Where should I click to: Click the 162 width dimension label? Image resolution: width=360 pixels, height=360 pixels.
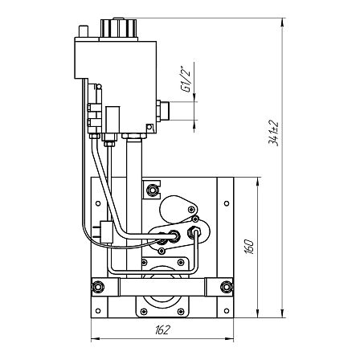pos(162,330)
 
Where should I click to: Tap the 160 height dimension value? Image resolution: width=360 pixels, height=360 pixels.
pos(249,247)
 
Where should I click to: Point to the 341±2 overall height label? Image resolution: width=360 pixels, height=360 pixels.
pos(273,133)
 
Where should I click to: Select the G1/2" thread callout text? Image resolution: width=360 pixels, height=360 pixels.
pos(186,79)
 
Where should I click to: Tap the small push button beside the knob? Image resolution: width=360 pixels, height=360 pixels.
pos(83,31)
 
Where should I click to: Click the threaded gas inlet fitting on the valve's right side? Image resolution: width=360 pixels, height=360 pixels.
pos(163,111)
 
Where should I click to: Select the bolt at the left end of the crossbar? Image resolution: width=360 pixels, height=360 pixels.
pos(97,287)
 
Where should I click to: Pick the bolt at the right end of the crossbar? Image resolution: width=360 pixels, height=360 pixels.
pos(227,287)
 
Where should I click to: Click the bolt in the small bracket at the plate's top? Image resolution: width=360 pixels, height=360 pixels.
pos(152,190)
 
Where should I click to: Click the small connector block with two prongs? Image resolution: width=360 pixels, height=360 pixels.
pos(104,232)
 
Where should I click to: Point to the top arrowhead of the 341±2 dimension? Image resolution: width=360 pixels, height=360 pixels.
pos(282,22)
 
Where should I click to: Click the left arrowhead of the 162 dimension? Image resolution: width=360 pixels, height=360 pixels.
pos(95,340)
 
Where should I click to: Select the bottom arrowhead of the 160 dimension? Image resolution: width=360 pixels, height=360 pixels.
pos(257,314)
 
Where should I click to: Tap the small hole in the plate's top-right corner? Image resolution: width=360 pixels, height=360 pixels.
pos(227,203)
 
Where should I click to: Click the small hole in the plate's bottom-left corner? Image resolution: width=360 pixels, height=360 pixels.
pos(98,311)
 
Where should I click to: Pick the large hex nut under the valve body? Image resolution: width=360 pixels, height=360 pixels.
pos(134,136)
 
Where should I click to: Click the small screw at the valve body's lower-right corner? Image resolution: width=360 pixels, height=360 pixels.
pos(149,126)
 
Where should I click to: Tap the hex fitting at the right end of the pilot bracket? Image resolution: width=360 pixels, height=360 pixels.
pos(194,231)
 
